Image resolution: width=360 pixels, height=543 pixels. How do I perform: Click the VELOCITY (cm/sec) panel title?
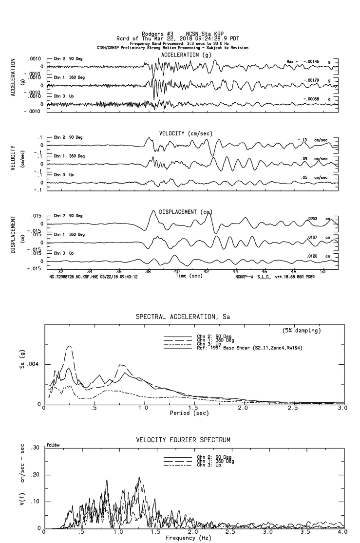[186, 133]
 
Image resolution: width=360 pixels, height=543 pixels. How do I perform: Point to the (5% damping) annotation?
[302, 331]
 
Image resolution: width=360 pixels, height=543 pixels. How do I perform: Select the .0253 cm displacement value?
[315, 219]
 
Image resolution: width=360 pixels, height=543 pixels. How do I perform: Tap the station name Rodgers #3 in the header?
[153, 34]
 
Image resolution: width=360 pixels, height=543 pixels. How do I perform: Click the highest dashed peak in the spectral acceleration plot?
[70, 346]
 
